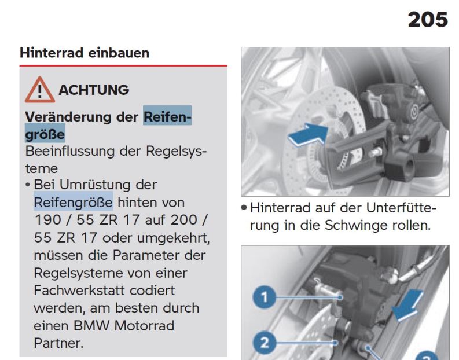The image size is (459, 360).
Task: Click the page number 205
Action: click(x=428, y=20)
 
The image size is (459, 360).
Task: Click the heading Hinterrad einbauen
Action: click(x=85, y=53)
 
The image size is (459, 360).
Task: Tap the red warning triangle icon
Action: click(x=39, y=90)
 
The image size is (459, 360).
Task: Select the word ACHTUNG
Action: click(x=94, y=90)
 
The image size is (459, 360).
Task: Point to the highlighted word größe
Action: click(x=45, y=134)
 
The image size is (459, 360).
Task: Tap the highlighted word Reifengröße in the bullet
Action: click(x=73, y=202)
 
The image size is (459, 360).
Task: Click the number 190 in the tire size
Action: click(x=47, y=220)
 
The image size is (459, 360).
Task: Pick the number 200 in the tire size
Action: click(x=184, y=220)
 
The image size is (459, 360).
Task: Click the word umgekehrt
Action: click(x=173, y=238)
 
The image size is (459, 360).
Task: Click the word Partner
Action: click(x=58, y=343)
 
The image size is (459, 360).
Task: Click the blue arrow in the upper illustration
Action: click(x=308, y=135)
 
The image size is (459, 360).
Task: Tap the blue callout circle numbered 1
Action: click(x=265, y=297)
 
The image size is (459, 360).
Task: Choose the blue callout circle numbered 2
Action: click(x=265, y=343)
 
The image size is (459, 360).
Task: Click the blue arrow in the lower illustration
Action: click(x=407, y=305)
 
